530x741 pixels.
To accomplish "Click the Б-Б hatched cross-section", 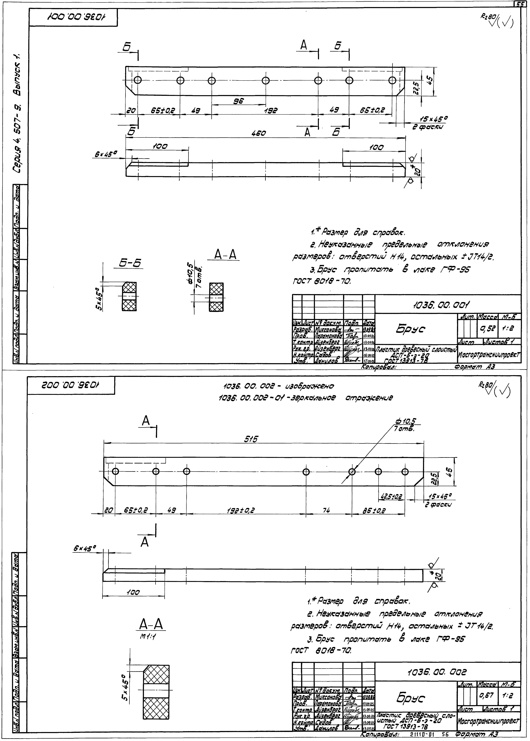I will coord(129,297).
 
